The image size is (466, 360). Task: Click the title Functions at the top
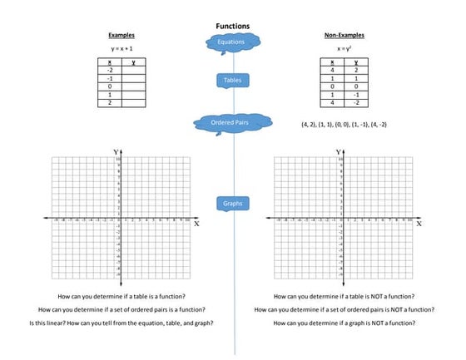[232, 26]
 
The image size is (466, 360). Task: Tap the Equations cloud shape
[231, 42]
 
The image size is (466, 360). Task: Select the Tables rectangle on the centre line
[232, 80]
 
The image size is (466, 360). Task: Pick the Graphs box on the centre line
[232, 203]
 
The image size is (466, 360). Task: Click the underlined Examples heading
[121, 36]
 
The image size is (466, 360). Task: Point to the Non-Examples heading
[344, 36]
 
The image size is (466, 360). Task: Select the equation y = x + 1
[121, 49]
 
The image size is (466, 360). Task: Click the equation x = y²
[343, 49]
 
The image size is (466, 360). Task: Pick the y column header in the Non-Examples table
[355, 62]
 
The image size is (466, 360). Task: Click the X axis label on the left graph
[196, 224]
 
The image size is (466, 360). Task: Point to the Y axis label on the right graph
[338, 152]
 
